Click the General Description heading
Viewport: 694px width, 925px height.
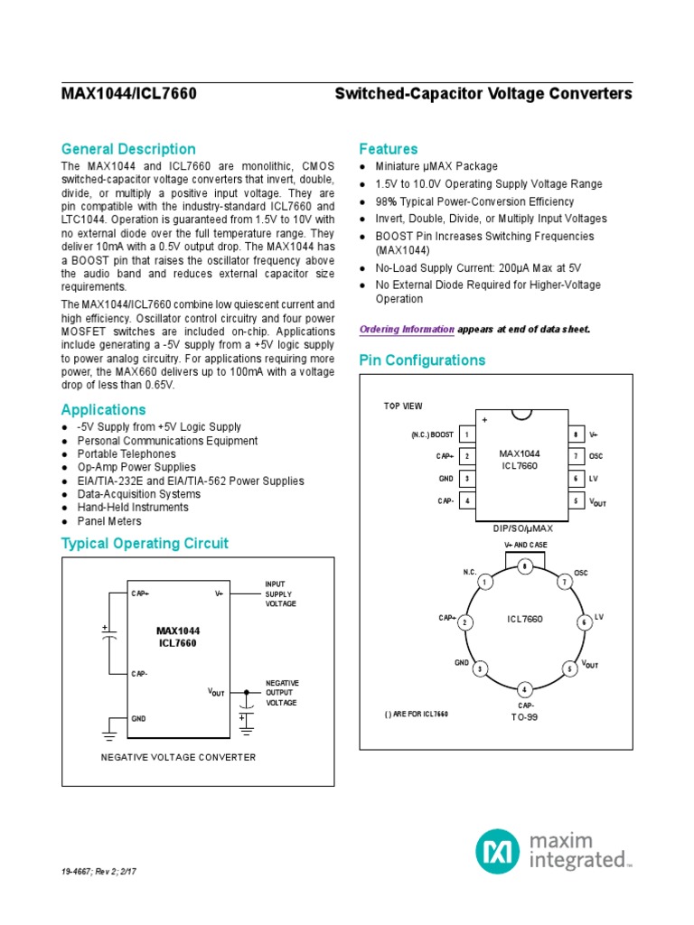pyautogui.click(x=128, y=149)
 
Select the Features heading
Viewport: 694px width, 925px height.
pyautogui.click(x=389, y=149)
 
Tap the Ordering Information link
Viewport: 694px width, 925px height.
pyautogui.click(x=407, y=330)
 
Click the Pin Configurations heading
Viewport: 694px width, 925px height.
pyautogui.click(x=422, y=360)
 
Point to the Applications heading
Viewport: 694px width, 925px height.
pyautogui.click(x=103, y=409)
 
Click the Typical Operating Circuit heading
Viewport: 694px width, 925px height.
pyautogui.click(x=145, y=543)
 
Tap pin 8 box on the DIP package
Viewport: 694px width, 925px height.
pyautogui.click(x=575, y=434)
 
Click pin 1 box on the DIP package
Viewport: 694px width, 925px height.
pyautogui.click(x=467, y=434)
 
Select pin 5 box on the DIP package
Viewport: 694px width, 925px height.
pyautogui.click(x=575, y=500)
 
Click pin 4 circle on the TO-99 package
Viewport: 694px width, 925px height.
pyautogui.click(x=524, y=691)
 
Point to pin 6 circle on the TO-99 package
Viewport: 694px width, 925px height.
pyautogui.click(x=584, y=621)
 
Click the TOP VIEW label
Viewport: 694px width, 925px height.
pyautogui.click(x=403, y=406)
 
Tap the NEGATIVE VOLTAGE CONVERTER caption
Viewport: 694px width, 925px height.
pyautogui.click(x=178, y=757)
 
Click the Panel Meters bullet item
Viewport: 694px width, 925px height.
pyautogui.click(x=109, y=521)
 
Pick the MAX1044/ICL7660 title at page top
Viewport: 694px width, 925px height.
pyautogui.click(x=129, y=94)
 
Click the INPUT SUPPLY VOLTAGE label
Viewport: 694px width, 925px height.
pyautogui.click(x=280, y=593)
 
